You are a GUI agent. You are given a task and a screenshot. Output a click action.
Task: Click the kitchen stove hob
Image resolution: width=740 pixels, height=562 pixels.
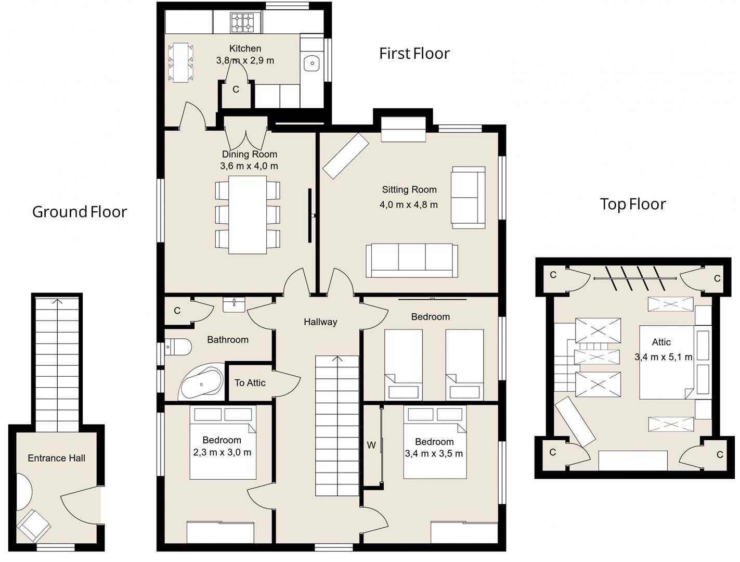[x=242, y=22]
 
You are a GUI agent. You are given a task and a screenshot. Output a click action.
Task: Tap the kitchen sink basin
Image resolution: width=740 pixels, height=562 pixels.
[x=311, y=63]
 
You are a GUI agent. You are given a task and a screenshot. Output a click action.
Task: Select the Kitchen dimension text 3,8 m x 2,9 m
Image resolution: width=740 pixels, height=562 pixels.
[x=245, y=60]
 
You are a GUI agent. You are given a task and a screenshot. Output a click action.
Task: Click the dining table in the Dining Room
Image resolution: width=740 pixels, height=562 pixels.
[x=248, y=214]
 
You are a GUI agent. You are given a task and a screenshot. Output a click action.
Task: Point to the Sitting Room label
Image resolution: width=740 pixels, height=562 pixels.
[x=409, y=189]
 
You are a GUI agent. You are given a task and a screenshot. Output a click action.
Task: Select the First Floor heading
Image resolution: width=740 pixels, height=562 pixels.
[x=414, y=54]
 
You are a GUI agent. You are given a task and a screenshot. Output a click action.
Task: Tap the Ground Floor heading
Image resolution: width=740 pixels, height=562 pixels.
[x=80, y=212]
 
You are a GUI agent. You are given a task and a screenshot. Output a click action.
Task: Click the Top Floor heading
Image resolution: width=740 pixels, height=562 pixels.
[x=632, y=204]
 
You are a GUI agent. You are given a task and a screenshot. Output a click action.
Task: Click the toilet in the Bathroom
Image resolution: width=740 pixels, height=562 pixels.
[x=178, y=347]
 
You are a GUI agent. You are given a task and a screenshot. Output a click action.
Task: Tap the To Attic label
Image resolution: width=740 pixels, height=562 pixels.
[x=250, y=383]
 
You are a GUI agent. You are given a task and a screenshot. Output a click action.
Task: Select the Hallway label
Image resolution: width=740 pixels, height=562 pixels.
[x=320, y=322]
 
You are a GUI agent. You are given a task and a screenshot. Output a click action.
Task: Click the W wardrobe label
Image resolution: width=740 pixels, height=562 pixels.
[x=371, y=445]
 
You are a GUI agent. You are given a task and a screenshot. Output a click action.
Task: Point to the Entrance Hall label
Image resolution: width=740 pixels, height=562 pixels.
[x=56, y=458]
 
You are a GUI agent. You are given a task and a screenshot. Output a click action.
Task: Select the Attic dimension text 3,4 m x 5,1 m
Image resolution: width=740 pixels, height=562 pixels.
[x=663, y=357]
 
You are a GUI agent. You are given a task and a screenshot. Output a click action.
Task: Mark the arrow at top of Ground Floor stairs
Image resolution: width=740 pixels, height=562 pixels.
[x=57, y=301]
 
